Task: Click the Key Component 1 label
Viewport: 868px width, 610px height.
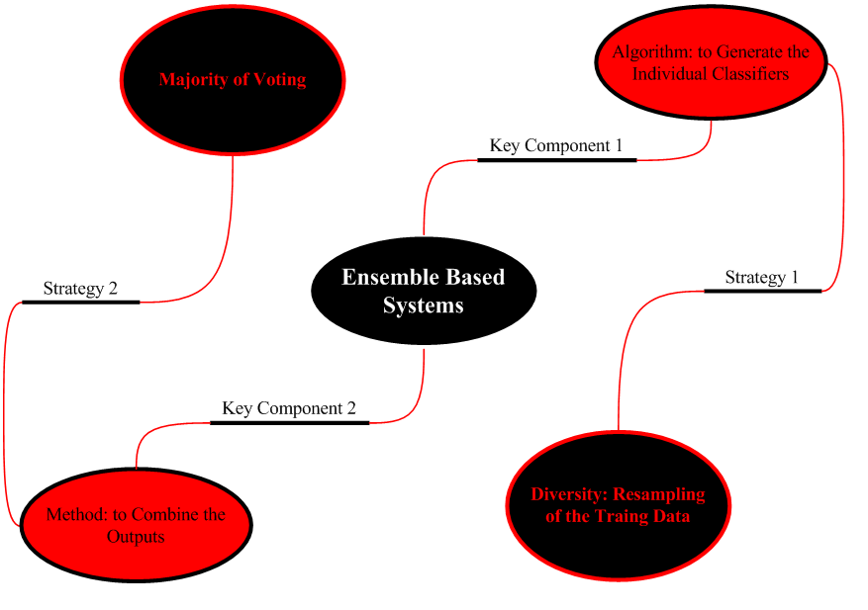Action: (556, 145)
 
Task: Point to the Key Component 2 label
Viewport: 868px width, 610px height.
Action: (289, 407)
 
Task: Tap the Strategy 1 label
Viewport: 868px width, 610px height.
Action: (761, 277)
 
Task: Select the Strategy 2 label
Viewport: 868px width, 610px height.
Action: (80, 289)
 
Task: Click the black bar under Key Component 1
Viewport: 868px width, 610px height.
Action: (556, 159)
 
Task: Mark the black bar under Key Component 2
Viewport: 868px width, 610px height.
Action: (289, 422)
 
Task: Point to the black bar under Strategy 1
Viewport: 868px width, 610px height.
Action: (762, 291)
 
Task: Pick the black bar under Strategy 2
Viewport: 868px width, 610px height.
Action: (80, 302)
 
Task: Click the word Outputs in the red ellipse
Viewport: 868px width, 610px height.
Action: (136, 537)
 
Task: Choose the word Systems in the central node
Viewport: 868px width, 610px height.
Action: (424, 305)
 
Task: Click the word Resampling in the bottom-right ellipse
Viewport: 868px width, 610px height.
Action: (660, 494)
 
